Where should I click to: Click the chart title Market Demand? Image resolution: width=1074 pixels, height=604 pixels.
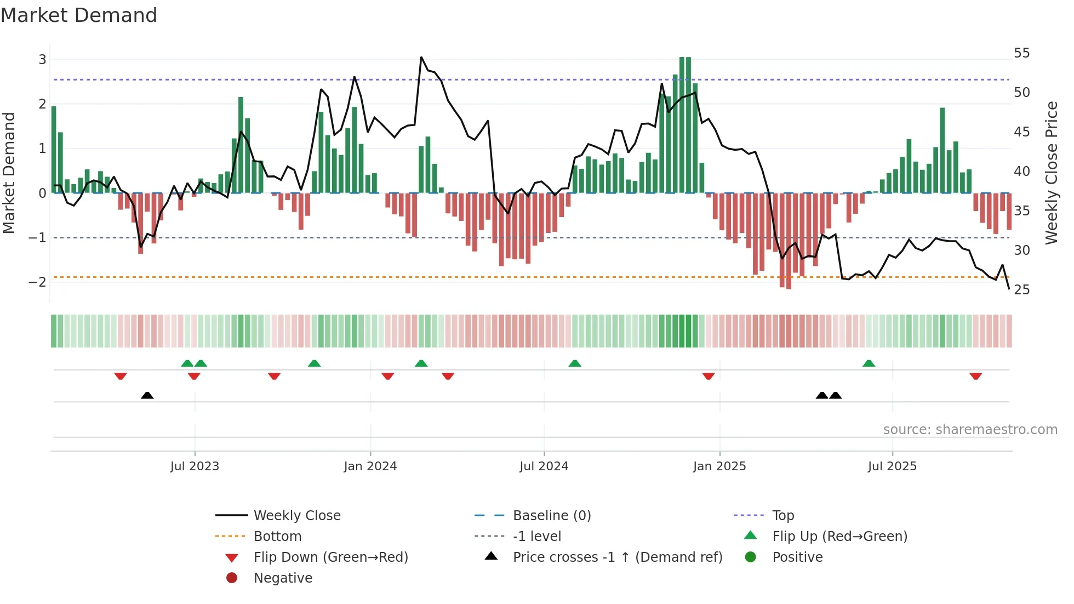tap(79, 15)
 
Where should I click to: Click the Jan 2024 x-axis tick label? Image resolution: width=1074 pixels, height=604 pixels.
tap(370, 466)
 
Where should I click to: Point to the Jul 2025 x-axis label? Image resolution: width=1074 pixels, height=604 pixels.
tap(892, 466)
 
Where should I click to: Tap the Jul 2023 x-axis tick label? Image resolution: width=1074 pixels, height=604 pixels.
tap(195, 466)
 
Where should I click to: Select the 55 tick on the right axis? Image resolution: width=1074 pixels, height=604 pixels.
tap(1021, 53)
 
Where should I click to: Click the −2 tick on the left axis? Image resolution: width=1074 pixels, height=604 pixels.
tap(37, 282)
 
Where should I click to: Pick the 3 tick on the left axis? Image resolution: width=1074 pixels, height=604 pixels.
tap(42, 59)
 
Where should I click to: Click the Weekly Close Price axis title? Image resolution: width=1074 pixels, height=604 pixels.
tap(1051, 173)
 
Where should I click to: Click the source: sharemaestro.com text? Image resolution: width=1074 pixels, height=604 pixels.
tap(970, 430)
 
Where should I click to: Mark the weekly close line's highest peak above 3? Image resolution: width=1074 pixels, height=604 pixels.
tap(421, 57)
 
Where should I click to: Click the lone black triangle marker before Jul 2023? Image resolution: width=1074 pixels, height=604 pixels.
tap(147, 395)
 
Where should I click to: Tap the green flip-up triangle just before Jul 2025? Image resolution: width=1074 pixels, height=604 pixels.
tap(869, 363)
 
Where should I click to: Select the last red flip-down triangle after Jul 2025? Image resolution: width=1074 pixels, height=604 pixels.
tap(975, 377)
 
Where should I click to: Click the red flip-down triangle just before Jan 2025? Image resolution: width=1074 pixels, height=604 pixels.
tap(708, 377)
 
